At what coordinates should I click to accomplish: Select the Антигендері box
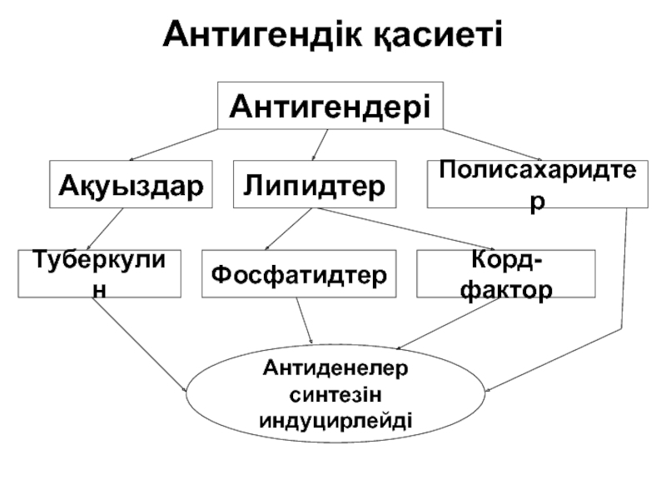pyautogui.click(x=330, y=106)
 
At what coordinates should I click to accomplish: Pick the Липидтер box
pyautogui.click(x=314, y=184)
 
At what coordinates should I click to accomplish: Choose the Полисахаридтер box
pyautogui.click(x=539, y=184)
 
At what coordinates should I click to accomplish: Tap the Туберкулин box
pyautogui.click(x=99, y=273)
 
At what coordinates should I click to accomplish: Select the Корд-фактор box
pyautogui.click(x=506, y=273)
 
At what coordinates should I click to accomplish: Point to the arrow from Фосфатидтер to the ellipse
pyautogui.click(x=306, y=321)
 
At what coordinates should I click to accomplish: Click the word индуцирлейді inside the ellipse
pyautogui.click(x=335, y=412)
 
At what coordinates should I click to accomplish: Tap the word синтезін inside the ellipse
pyautogui.click(x=335, y=390)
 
